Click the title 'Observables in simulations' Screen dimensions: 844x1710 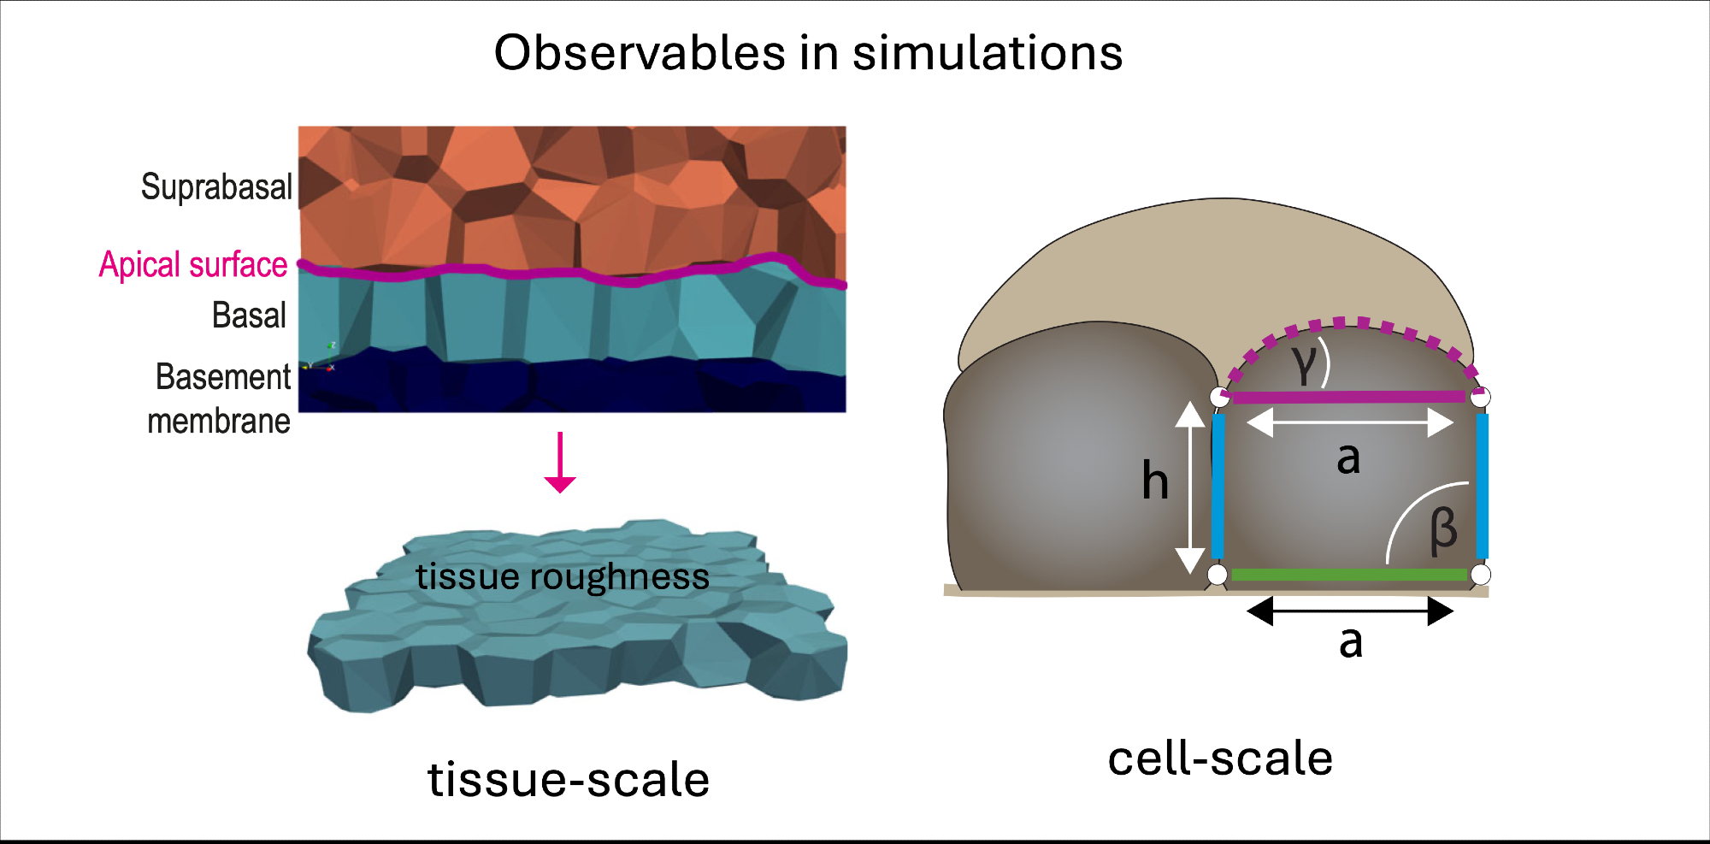808,53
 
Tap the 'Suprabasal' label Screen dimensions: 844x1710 216,187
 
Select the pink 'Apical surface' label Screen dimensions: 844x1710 193,265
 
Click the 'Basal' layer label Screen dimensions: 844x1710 249,316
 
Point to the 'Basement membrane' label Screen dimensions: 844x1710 221,398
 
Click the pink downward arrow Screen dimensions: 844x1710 560,463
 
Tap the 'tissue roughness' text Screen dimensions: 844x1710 562,577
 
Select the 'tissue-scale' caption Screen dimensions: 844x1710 569,779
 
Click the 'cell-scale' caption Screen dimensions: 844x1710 1220,758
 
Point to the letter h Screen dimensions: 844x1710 1155,481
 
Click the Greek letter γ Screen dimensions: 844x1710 1305,364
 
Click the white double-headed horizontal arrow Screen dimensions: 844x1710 1350,422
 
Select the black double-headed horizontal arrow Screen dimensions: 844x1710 1350,611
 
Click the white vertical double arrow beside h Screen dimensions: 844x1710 1189,487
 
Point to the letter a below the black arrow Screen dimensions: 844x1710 1351,642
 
